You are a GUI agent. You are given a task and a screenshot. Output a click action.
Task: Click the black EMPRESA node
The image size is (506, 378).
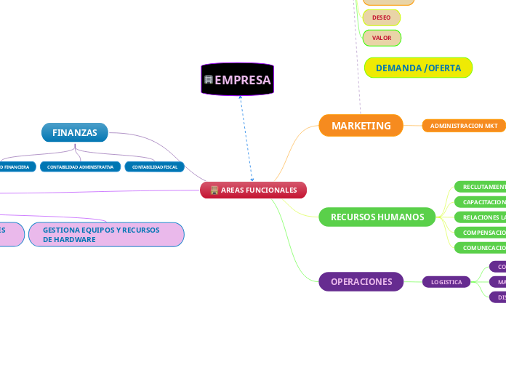pos(237,79)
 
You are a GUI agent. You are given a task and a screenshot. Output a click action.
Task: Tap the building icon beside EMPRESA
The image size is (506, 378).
pos(209,79)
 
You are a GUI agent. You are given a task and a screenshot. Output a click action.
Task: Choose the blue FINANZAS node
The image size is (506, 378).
pos(75,132)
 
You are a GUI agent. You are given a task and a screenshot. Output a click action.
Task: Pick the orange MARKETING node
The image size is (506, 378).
pos(361,126)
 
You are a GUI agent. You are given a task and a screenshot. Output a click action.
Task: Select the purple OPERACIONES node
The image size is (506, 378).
pos(361,281)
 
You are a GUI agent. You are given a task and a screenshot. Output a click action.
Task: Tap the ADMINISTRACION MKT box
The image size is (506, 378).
pos(464,126)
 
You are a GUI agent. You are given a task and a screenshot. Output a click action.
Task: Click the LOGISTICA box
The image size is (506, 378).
pos(446,282)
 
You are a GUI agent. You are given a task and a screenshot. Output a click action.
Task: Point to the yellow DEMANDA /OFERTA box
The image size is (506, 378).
pos(418,68)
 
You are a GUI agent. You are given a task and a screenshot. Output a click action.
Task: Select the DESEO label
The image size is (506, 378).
pos(381,17)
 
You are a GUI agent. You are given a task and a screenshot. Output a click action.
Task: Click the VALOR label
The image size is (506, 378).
pos(381,37)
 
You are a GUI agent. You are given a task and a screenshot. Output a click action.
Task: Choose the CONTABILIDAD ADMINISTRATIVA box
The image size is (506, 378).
pos(80,166)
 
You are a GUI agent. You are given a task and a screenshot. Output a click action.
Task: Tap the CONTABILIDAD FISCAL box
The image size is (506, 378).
pos(154,166)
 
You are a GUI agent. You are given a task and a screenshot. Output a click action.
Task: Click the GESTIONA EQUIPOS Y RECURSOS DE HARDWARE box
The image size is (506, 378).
pos(106,234)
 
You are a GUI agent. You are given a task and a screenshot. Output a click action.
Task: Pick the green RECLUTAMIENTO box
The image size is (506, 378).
pos(481,187)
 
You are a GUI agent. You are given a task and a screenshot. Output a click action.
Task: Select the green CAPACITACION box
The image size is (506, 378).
pos(481,202)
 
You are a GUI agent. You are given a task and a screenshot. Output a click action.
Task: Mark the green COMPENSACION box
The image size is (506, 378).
pos(481,233)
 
